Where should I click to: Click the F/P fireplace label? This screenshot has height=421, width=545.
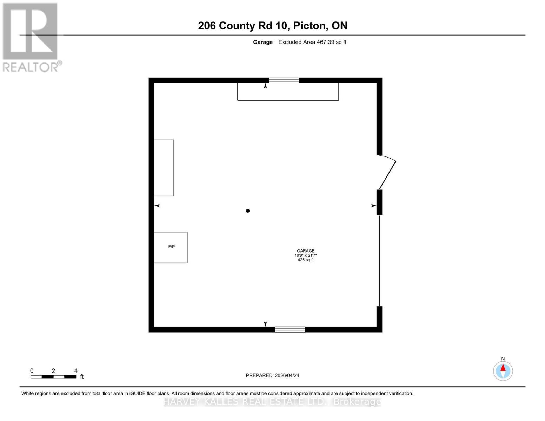click(x=171, y=247)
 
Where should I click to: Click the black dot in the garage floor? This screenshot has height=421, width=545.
click(x=248, y=211)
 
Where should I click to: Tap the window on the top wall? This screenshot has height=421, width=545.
click(x=284, y=80)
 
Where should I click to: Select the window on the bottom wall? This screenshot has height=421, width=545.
click(x=290, y=329)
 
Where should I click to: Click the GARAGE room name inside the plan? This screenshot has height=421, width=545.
click(x=306, y=251)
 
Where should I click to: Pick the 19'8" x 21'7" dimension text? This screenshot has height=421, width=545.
click(x=306, y=255)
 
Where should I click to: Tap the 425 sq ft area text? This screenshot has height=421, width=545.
click(x=306, y=260)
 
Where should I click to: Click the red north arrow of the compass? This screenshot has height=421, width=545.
click(x=503, y=368)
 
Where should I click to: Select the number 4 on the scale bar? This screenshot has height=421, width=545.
click(x=76, y=371)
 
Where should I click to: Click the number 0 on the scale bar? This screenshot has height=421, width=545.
click(x=32, y=371)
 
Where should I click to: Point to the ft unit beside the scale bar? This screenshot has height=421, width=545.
click(x=82, y=377)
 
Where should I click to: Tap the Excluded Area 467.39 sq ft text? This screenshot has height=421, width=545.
click(x=312, y=42)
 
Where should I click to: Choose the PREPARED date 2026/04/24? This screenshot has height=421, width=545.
click(x=287, y=375)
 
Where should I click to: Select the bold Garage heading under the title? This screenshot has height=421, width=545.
click(x=263, y=42)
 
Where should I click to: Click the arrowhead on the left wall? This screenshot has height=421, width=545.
click(x=157, y=206)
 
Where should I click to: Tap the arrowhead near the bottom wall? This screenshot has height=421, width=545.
click(x=265, y=324)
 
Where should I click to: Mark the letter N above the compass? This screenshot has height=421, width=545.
click(x=503, y=359)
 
